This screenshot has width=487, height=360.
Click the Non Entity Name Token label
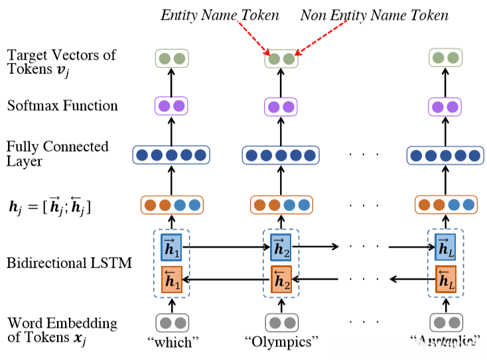pyautogui.click(x=374, y=15)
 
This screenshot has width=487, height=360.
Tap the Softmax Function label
pyautogui.click(x=62, y=106)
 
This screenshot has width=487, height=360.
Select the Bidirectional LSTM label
pyautogui.click(x=69, y=263)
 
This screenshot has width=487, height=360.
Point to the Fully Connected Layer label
pyautogui.click(x=57, y=154)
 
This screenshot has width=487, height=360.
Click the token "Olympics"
pyautogui.click(x=281, y=343)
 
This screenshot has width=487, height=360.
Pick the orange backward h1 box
pyautogui.click(x=171, y=279)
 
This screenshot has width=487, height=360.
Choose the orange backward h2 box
pyautogui.click(x=281, y=279)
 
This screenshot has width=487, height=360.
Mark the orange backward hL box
pyautogui.click(x=445, y=279)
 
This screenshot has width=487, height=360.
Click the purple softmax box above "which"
pyautogui.click(x=171, y=106)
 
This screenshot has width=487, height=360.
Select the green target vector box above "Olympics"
pyautogui.click(x=281, y=59)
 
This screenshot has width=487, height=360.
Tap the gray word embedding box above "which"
pyautogui.click(x=171, y=322)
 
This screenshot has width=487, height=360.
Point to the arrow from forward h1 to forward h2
pyautogui.click(x=226, y=247)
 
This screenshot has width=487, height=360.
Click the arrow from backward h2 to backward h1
pyautogui.click(x=226, y=279)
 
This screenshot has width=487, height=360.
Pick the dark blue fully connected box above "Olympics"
pyautogui.click(x=281, y=155)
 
